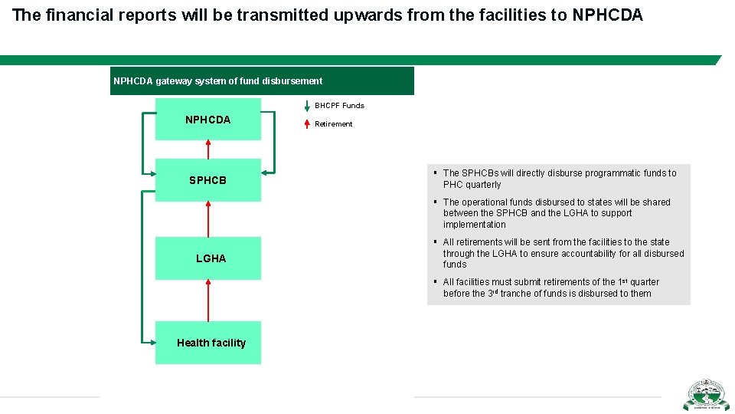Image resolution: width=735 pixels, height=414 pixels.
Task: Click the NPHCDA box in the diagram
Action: point(207,120)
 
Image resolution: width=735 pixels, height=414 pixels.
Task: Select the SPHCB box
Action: point(207,180)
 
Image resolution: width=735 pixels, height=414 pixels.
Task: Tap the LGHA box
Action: point(207,258)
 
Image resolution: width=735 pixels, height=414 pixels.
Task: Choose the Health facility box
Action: point(207,343)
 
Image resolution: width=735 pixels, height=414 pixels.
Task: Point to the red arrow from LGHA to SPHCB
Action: point(208,219)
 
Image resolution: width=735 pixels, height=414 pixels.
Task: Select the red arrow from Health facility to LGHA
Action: point(208,300)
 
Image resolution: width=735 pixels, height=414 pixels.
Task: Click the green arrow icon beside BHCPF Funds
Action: point(307,106)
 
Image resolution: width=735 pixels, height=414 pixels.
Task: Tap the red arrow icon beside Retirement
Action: point(307,123)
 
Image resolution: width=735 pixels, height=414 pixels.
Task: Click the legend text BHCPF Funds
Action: point(339,106)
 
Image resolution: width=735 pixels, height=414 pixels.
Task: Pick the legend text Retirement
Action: point(334,124)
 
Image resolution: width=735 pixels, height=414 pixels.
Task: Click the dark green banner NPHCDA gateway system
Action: point(262,80)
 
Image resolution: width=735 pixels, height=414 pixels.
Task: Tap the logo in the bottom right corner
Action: point(706,396)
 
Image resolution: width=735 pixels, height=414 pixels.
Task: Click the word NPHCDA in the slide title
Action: point(607,15)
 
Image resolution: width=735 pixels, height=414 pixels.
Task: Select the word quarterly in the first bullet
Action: point(482,185)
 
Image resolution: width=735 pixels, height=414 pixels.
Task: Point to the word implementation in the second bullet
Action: point(474,225)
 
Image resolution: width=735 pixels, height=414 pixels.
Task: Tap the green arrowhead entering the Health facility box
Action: point(151,343)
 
